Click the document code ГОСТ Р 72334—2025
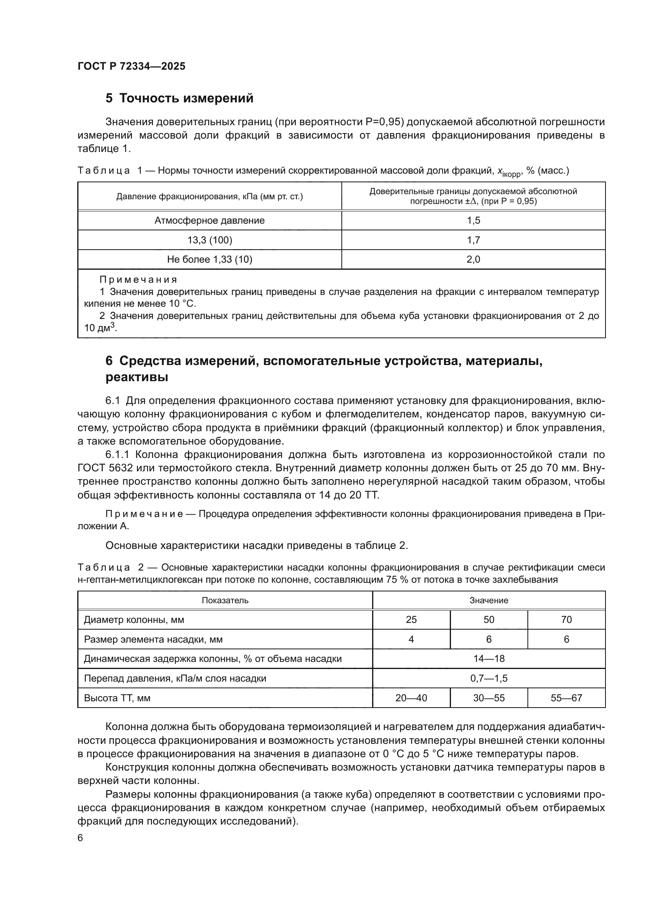(131, 66)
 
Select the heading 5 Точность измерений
(179, 98)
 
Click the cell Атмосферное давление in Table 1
(209, 220)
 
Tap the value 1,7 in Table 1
(473, 240)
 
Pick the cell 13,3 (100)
(209, 240)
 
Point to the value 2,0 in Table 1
(473, 259)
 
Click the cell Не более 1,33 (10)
(209, 259)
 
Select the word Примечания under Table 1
(138, 280)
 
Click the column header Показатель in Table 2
(225, 600)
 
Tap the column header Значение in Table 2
(488, 600)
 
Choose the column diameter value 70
(566, 620)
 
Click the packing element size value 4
(411, 639)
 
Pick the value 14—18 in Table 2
(488, 659)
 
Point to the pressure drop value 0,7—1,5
(488, 678)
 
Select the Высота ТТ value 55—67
(566, 698)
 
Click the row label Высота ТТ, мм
(117, 698)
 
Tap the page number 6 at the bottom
(80, 838)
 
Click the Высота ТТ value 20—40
(411, 698)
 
